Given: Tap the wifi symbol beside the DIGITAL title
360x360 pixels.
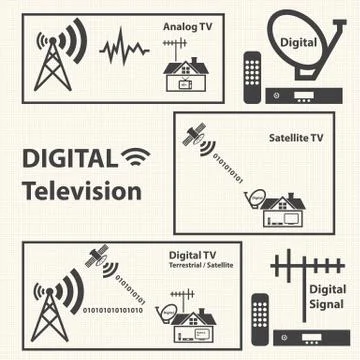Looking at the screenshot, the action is point(134,157).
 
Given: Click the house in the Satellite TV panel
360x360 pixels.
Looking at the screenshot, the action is point(285,210).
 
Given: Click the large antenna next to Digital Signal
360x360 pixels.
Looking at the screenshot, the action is point(295,278).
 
